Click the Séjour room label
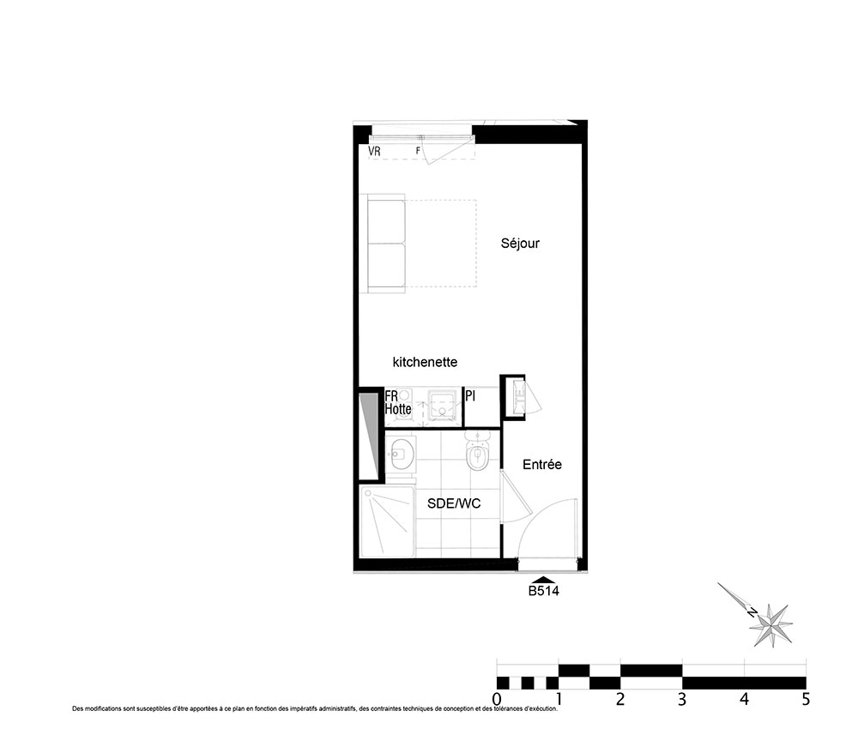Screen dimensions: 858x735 pos(520,244)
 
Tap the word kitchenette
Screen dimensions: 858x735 pos(426,362)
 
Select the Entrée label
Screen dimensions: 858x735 pos(542,464)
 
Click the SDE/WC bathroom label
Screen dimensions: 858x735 pos(454,503)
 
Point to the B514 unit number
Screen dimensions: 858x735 pos(543,591)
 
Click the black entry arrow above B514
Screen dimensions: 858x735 pos(543,580)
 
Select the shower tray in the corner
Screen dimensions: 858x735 pos(387,521)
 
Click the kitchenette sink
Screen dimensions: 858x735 pos(442,405)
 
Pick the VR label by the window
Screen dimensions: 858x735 pos(374,151)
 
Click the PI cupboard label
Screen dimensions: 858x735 pos(470,395)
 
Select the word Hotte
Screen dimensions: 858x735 pos(398,408)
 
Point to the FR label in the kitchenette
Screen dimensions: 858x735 pos(391,395)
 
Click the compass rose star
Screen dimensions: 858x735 pos(771,625)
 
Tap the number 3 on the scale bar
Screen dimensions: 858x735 pos(682,700)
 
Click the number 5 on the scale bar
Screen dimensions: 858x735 pos(806,700)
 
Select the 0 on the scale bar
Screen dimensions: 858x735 pos(497,700)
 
